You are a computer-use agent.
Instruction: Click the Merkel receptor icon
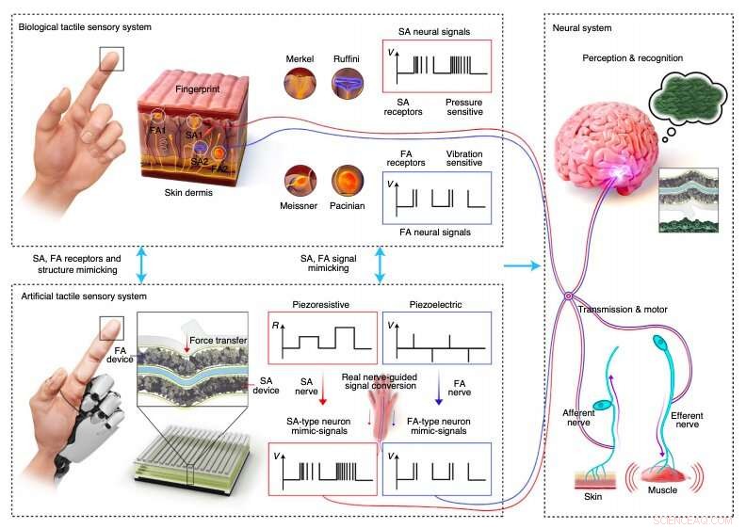300,87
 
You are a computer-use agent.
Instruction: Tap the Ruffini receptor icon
346,87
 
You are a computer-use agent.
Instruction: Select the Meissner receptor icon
300,181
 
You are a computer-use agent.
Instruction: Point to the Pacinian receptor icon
346,181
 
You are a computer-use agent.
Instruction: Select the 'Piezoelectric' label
435,304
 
